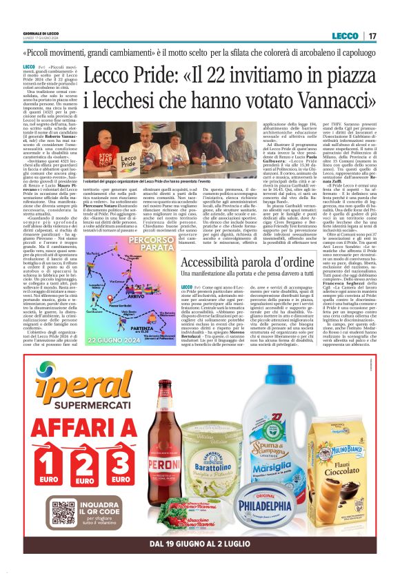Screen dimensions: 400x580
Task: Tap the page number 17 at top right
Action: [x=372, y=36]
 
